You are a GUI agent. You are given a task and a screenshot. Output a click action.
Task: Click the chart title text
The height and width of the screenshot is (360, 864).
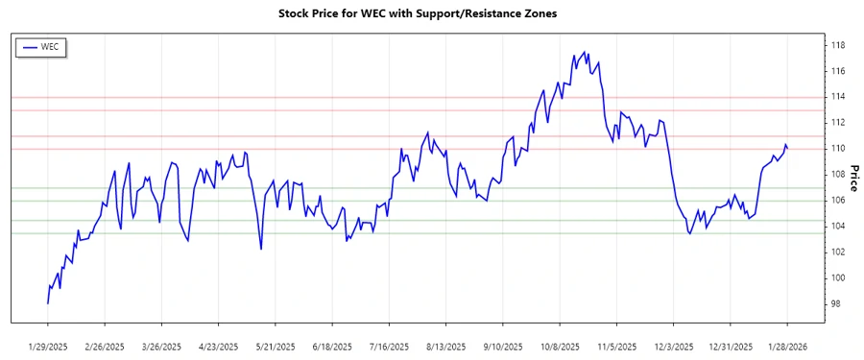coord(417,13)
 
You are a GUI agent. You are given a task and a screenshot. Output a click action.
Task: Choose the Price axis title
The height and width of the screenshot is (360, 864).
coord(853,175)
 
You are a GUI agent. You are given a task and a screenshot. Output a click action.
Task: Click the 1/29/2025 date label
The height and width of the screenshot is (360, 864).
coord(48,346)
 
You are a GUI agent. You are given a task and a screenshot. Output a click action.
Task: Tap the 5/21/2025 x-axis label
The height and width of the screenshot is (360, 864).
coord(276,346)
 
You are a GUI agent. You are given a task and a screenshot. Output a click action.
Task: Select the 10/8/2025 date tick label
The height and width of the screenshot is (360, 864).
coord(561,346)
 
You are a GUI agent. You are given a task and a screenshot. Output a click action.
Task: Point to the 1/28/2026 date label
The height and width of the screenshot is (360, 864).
coord(787,346)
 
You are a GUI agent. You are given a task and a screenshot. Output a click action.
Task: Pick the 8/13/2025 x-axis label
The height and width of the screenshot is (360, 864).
coord(446,346)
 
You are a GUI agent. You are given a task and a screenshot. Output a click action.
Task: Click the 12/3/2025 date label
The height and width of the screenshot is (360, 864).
coord(674,346)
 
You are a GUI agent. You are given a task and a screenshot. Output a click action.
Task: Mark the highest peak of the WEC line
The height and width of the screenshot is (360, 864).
coord(586,52)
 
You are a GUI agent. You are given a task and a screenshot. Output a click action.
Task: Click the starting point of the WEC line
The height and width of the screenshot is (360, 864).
coord(47,303)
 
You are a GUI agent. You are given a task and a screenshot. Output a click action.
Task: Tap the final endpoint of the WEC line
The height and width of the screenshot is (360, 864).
coord(788,148)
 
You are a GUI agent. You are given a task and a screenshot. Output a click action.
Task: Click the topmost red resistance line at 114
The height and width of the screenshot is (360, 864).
coord(432,97)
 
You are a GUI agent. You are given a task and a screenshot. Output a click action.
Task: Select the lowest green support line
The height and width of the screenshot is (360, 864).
coord(432,233)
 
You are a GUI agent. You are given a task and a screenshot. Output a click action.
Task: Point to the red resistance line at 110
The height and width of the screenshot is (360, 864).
coord(432,149)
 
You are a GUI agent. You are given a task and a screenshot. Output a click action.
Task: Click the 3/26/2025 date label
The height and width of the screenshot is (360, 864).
coord(161,346)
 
